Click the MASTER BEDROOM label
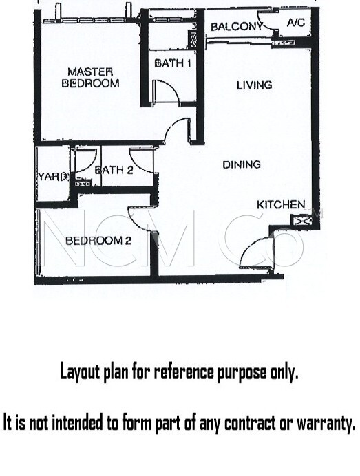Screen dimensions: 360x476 [90, 78]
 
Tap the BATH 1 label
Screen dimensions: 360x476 [173, 63]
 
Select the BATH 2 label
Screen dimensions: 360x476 [114, 170]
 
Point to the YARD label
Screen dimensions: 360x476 [52, 177]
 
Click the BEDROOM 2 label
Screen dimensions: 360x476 [98, 241]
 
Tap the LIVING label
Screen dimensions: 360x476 [254, 85]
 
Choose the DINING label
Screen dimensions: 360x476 [242, 165]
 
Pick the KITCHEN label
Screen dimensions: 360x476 [281, 205]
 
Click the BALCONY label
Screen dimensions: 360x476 [236, 27]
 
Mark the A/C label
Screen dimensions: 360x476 [295, 23]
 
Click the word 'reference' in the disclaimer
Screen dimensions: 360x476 [185, 371]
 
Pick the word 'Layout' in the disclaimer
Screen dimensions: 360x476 [81, 372]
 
